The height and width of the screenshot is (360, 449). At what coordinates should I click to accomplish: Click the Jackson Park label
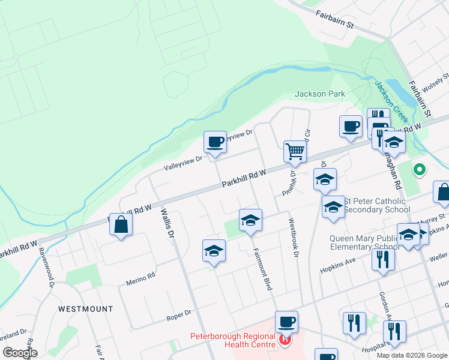point(320,94)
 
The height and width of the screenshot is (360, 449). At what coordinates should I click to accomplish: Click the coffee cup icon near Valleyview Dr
point(215,143)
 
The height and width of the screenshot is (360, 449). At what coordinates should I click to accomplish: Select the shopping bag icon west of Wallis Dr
point(121,225)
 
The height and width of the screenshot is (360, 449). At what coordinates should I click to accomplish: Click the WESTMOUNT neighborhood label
point(85,309)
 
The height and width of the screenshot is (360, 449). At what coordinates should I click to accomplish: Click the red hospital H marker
point(285,341)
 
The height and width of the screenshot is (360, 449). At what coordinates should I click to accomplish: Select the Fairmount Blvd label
point(262,269)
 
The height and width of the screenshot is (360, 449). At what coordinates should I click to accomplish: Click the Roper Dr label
point(178,313)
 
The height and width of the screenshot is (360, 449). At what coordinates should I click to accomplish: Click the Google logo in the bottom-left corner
point(20,353)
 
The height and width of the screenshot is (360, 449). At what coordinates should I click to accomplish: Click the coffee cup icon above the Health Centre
point(287,322)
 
